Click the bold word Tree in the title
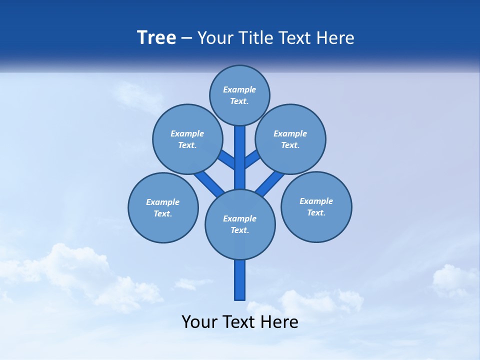(x=156, y=38)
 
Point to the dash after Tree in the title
(x=187, y=38)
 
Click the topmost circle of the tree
(x=239, y=95)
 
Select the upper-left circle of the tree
(x=187, y=139)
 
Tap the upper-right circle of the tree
(x=290, y=139)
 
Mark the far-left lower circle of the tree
(x=163, y=207)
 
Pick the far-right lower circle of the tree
(x=316, y=207)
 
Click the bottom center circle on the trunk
(x=240, y=224)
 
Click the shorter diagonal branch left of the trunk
(x=227, y=159)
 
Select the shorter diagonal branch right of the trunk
(x=252, y=159)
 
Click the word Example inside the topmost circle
(x=239, y=89)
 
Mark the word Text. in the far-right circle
(x=316, y=212)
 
